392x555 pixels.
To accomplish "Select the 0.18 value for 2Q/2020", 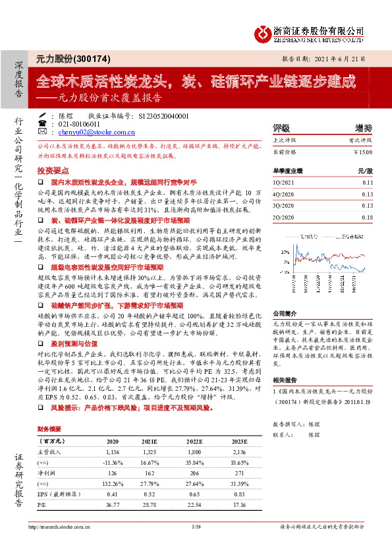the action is [368, 217].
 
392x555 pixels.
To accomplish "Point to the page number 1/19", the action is [196, 545].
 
